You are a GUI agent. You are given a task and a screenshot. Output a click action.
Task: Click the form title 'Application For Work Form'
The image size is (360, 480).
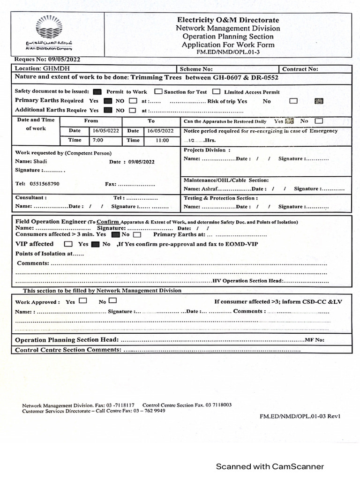click(x=228, y=45)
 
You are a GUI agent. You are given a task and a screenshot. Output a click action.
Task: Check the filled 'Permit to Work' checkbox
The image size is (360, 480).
click(x=97, y=92)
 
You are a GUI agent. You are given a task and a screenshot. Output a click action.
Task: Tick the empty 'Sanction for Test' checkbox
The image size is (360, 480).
click(x=158, y=92)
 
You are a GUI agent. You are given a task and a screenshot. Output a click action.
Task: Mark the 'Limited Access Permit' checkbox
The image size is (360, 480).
click(x=216, y=92)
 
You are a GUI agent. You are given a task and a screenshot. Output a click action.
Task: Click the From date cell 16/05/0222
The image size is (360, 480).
click(x=105, y=131)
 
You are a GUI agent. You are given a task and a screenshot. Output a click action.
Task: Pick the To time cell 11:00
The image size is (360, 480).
click(x=162, y=140)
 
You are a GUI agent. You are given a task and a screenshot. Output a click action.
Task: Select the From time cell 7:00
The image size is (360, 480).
click(x=98, y=140)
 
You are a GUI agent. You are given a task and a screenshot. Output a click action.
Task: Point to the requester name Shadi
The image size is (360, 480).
click(x=41, y=161)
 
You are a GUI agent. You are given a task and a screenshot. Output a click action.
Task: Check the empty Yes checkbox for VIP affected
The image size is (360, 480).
click(x=68, y=244)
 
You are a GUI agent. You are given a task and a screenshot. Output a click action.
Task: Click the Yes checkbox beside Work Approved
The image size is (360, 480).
click(x=83, y=301)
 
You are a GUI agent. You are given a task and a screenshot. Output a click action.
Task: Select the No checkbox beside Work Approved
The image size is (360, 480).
click(x=112, y=301)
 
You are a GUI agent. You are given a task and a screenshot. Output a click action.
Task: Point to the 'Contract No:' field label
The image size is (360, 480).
click(x=300, y=69)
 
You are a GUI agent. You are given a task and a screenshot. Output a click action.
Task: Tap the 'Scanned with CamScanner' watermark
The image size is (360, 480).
click(x=270, y=466)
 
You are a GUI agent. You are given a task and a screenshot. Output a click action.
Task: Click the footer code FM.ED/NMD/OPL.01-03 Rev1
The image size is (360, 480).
click(x=300, y=416)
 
